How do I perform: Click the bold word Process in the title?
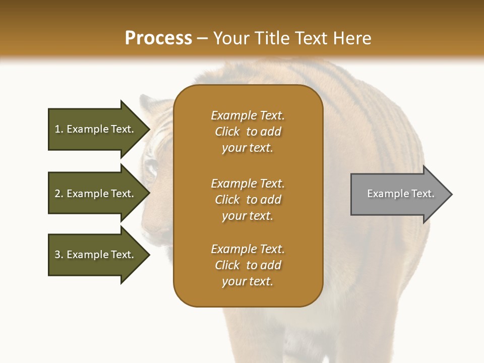158,38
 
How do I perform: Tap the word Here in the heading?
352,38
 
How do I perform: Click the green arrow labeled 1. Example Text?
99,130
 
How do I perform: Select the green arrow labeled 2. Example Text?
99,193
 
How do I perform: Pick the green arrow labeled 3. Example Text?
99,255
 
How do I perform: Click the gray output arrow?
401,194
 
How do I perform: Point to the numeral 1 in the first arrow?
57,129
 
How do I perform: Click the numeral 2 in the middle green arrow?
57,194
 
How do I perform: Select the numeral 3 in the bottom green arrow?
57,255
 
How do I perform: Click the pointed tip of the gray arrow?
452,194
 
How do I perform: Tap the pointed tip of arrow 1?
150,130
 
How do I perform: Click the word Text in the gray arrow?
422,194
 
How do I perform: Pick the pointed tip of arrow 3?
150,255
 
